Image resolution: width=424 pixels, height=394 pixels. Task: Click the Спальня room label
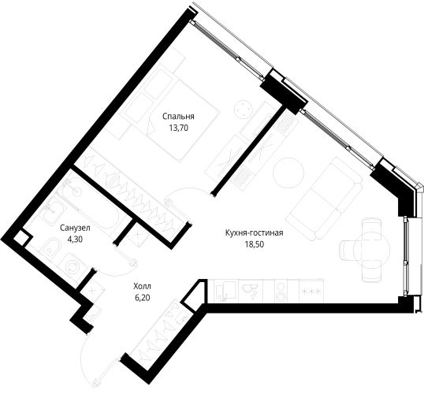pyautogui.click(x=178, y=117)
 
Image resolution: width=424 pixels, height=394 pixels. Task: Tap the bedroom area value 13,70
pyautogui.click(x=178, y=128)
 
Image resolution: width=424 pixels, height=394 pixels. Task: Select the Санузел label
pyautogui.click(x=75, y=228)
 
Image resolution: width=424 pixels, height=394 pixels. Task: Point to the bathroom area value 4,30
pyautogui.click(x=75, y=240)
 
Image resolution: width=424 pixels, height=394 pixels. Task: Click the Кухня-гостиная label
pyautogui.click(x=255, y=232)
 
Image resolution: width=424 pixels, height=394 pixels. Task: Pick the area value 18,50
pyautogui.click(x=255, y=244)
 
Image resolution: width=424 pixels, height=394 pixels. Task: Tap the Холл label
pyautogui.click(x=142, y=286)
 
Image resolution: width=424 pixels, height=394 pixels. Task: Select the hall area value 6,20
pyautogui.click(x=142, y=298)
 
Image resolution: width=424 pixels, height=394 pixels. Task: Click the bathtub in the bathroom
pyautogui.click(x=89, y=206)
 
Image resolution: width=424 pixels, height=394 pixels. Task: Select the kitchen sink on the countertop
pyautogui.click(x=226, y=291)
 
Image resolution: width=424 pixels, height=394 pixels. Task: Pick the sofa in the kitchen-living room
pyautogui.click(x=324, y=199)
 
